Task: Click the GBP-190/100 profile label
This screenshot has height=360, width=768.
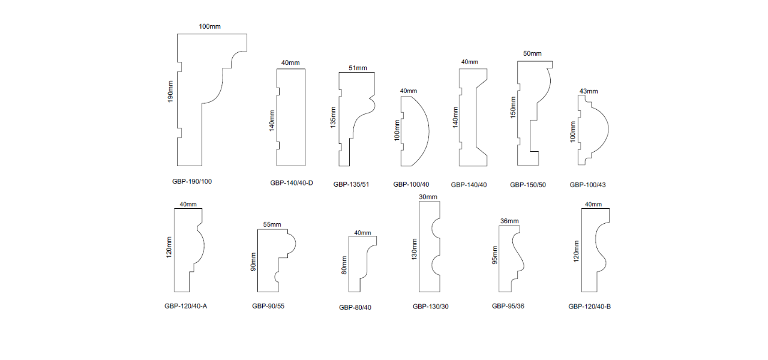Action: pos(192,181)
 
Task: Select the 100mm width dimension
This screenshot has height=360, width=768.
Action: pos(210,26)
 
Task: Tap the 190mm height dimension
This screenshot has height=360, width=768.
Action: pos(170,92)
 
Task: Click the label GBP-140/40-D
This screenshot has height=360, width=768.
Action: pos(292,183)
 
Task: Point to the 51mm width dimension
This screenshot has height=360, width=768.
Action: pos(358,68)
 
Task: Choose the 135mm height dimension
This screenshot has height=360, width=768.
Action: pos(333,118)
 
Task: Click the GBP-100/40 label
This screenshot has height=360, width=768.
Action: pos(411,184)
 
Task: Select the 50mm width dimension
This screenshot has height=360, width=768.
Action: pos(532,53)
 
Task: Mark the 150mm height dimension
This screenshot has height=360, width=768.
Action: pos(513,107)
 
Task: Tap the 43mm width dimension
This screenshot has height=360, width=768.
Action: pos(589,91)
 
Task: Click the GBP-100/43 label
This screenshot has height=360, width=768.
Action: pos(587,185)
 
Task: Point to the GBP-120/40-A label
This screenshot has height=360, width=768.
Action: pos(186,306)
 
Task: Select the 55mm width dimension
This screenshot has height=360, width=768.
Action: pos(272,224)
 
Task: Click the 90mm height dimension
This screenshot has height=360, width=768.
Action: pos(253,262)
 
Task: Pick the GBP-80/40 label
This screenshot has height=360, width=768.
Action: pos(355,308)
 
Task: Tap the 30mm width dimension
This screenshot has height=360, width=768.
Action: pos(428,197)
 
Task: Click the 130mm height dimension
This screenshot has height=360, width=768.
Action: pos(414,249)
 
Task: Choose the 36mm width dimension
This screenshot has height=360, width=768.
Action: pos(509,221)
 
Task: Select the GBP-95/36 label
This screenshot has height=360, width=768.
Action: pos(508,306)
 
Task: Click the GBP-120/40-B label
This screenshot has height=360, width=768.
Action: pos(590,307)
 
